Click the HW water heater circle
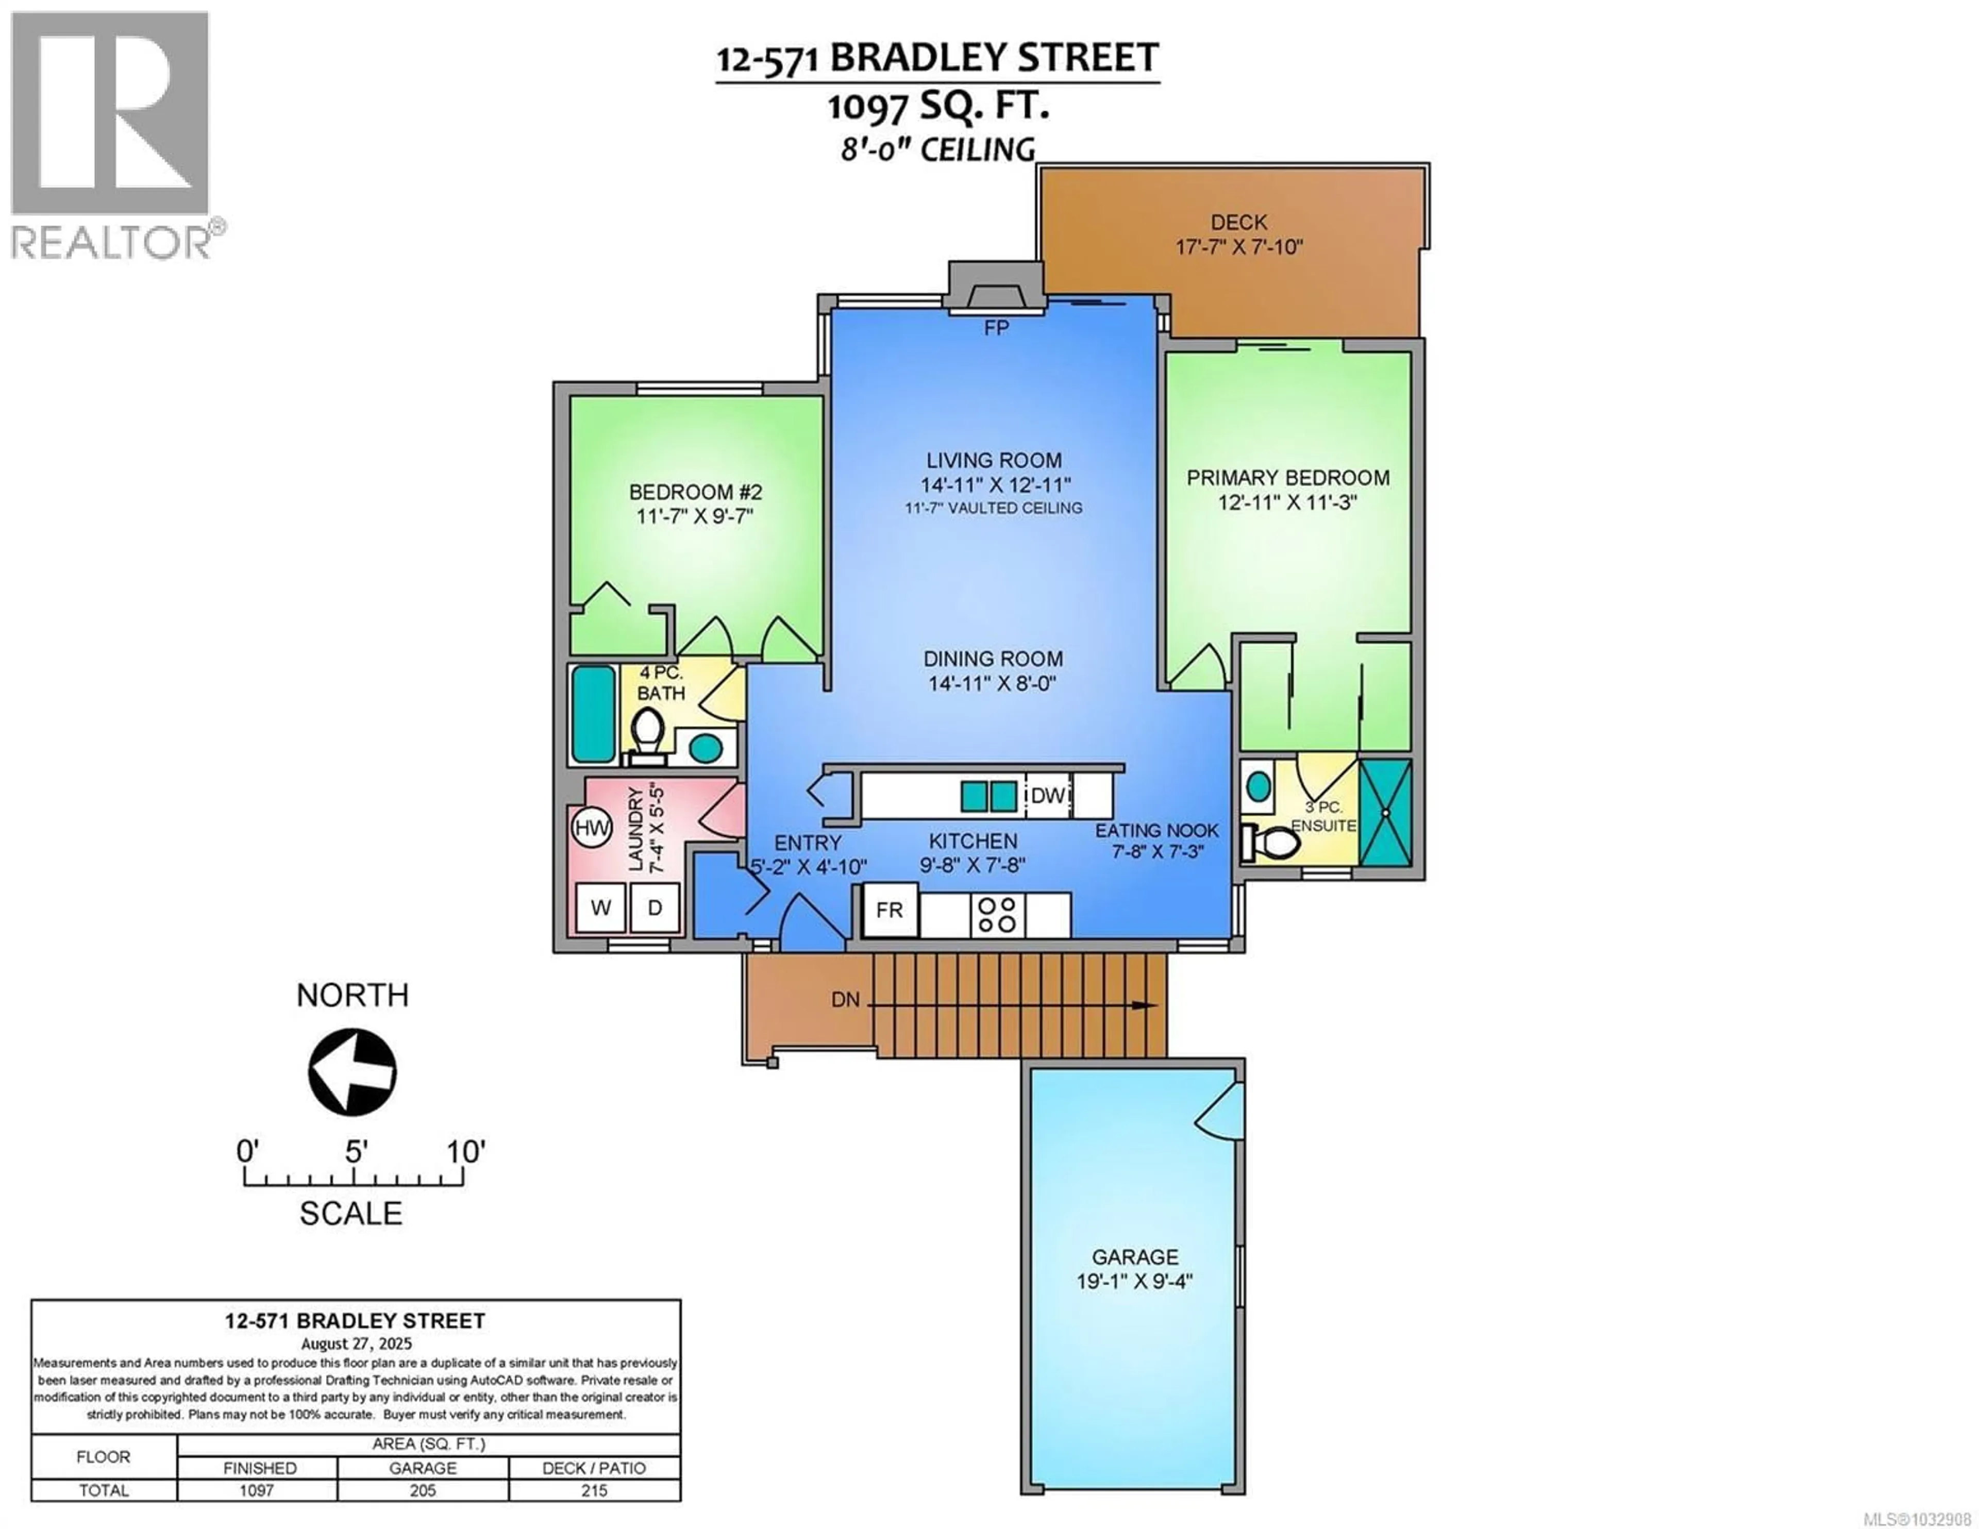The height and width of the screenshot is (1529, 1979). [592, 828]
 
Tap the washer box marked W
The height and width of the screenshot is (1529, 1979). [601, 908]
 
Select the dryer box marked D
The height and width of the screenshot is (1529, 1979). [654, 908]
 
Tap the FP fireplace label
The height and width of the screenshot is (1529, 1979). [996, 328]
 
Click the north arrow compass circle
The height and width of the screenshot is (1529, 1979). [353, 1072]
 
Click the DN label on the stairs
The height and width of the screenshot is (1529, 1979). [845, 1001]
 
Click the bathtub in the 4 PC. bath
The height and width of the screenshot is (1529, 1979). [594, 714]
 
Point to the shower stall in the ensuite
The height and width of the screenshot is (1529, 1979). [1385, 812]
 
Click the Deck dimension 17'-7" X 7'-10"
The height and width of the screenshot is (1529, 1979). [1239, 246]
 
